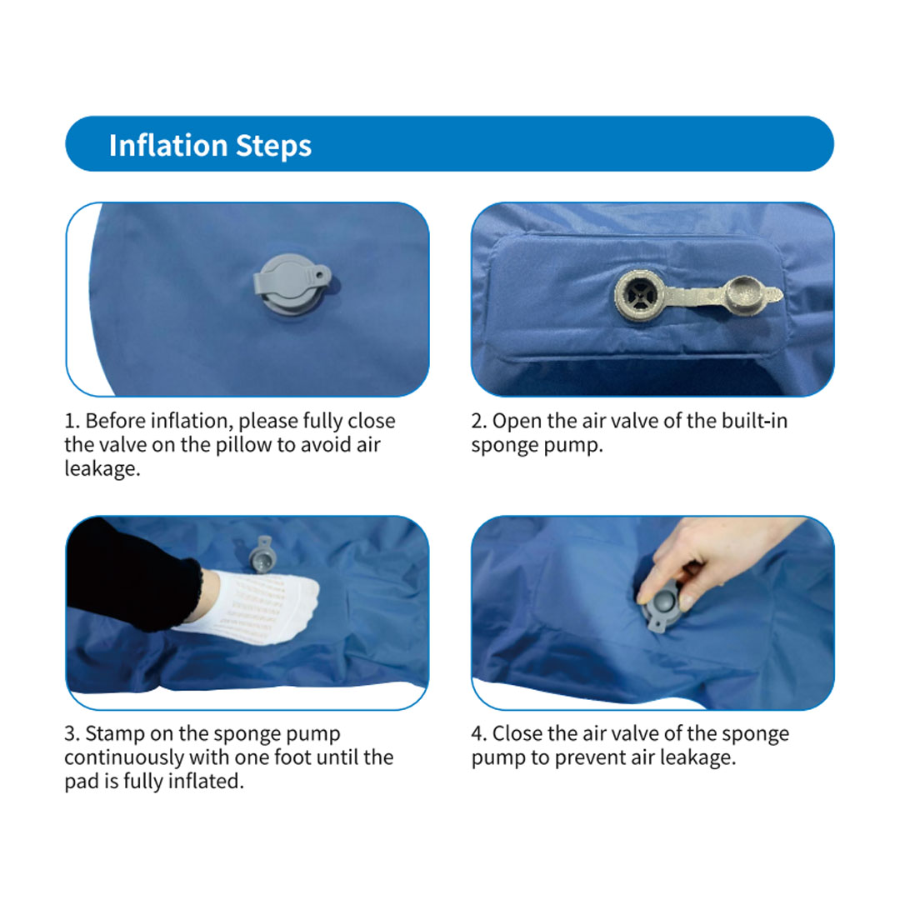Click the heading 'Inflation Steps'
coord(210,145)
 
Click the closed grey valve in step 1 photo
coord(291,283)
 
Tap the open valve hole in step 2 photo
coord(640,295)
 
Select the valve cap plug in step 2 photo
coord(745,296)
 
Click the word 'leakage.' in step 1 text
coord(100,468)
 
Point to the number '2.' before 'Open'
coord(479,420)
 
